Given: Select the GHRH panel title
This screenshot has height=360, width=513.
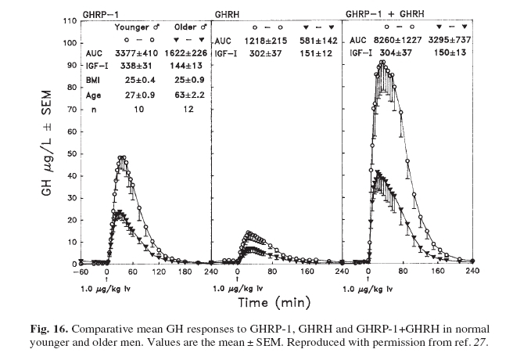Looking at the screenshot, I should click(228, 13).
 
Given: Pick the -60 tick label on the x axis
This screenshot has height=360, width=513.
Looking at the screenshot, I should click(80, 272).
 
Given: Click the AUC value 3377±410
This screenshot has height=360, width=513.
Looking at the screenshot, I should click(134, 55).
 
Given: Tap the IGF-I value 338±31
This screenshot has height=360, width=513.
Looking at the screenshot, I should click(134, 67).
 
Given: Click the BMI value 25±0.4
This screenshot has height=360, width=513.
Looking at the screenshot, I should click(134, 81).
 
